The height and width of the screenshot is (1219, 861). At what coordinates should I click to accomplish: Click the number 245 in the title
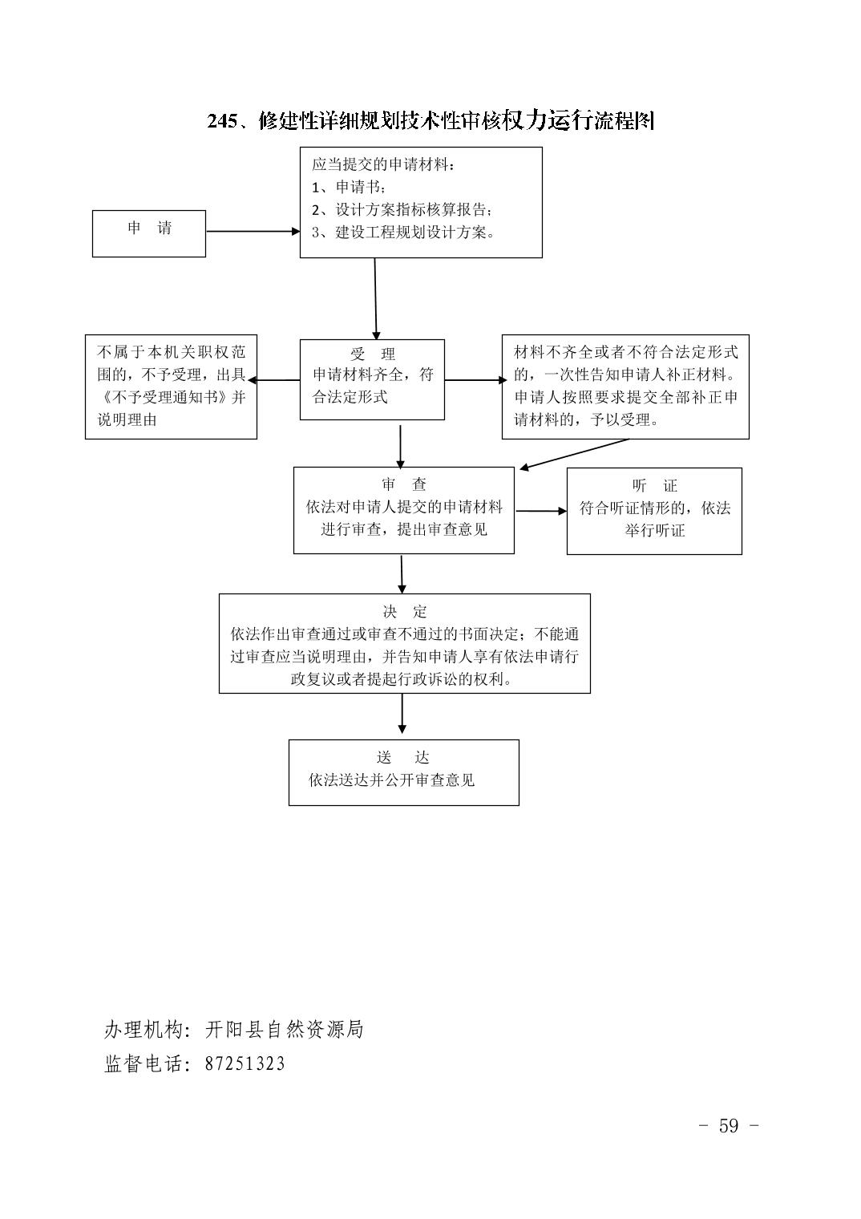tap(222, 121)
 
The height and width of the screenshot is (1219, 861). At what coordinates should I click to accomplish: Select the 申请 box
tap(149, 233)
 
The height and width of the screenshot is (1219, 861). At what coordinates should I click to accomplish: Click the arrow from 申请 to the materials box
tap(253, 231)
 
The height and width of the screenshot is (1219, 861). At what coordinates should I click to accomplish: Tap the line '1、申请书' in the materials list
tap(348, 187)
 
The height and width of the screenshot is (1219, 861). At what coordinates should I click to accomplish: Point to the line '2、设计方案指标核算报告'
tap(402, 209)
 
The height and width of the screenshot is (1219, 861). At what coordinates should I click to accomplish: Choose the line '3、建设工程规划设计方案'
tap(403, 233)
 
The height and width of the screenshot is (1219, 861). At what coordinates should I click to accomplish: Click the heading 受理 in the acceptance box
tap(373, 354)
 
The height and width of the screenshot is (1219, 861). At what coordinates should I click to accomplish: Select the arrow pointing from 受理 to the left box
tap(274, 380)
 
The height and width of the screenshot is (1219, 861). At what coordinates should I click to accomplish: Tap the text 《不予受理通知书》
tap(164, 397)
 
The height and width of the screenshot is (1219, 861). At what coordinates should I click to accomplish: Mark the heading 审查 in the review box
tap(403, 484)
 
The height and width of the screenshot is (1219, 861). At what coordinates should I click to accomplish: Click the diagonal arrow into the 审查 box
tap(574, 454)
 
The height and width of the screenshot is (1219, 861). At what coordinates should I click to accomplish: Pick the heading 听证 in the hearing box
tap(654, 485)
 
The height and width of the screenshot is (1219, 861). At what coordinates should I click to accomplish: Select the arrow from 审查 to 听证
tap(541, 511)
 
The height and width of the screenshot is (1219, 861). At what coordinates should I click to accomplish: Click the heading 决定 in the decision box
tap(405, 611)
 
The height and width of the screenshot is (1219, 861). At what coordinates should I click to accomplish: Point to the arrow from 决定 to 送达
tap(402, 714)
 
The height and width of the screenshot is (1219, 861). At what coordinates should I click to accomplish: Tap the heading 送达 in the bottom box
tap(403, 757)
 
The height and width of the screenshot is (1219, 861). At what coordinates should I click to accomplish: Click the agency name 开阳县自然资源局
tap(284, 1029)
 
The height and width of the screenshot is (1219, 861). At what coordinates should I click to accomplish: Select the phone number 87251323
tap(245, 1064)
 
